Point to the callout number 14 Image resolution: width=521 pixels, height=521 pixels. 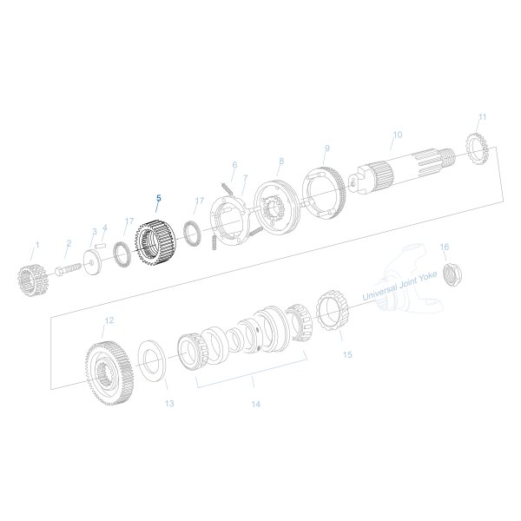[254, 404]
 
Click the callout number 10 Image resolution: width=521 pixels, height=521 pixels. [397, 135]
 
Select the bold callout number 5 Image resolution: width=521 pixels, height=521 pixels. [158, 198]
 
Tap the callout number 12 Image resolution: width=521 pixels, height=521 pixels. [109, 320]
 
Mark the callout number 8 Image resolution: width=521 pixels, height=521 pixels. [280, 161]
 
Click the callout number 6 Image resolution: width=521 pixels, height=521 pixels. [234, 164]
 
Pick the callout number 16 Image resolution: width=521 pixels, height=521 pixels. [444, 247]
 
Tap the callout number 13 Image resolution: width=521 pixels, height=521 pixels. [169, 404]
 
